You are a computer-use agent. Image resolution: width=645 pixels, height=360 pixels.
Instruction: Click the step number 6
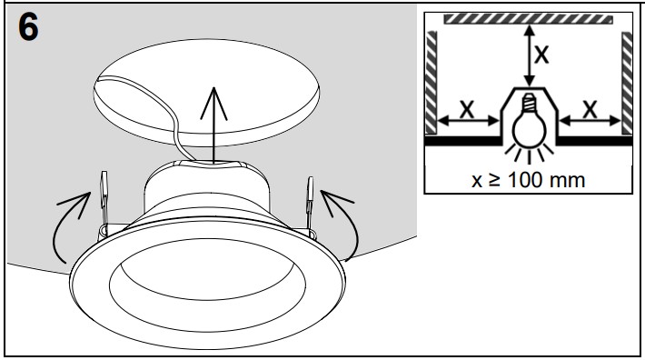28,26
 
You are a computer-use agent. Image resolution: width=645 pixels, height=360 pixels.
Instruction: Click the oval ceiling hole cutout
206,93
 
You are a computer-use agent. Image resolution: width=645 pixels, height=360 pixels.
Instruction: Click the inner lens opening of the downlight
207,284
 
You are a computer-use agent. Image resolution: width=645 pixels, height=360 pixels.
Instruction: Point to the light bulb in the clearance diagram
529,124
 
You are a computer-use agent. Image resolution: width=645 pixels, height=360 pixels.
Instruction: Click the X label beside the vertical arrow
541,54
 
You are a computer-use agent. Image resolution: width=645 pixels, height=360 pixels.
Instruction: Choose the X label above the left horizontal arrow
466,109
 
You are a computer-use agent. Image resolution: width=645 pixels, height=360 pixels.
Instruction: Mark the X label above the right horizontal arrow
590,109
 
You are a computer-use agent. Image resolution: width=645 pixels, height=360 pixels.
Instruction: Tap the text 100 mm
546,180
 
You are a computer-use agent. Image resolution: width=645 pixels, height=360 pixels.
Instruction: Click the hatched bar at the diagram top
528,19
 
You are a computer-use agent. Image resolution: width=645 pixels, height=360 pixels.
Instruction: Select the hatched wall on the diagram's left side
432,83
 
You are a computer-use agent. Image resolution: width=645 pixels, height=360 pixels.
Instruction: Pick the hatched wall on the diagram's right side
627,83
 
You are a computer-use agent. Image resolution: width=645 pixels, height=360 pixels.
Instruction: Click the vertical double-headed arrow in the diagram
530,55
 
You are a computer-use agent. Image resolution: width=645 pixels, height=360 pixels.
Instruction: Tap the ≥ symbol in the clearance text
495,180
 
